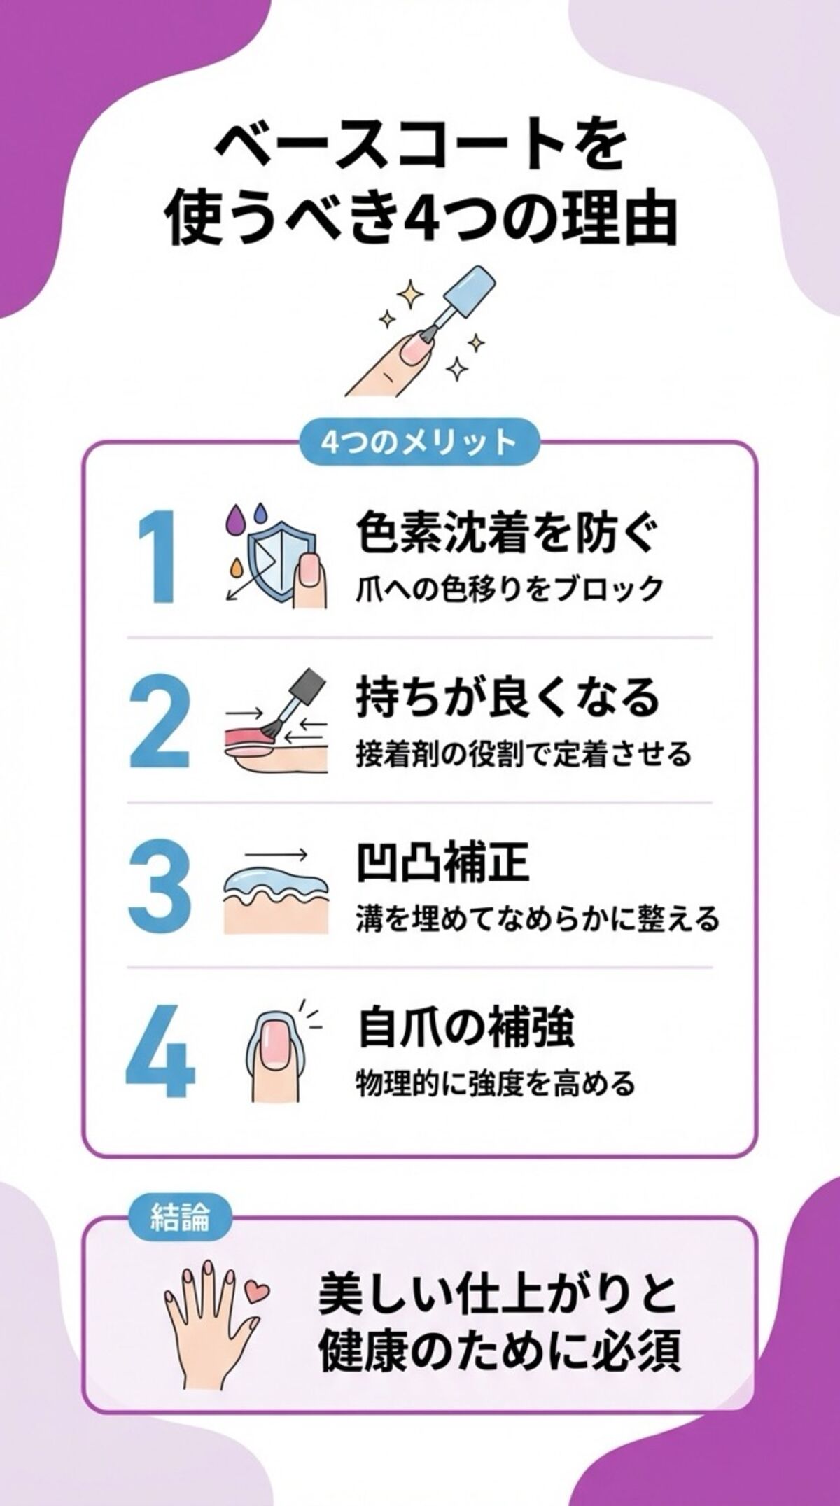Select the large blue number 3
click(160, 885)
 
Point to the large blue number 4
click(160, 1051)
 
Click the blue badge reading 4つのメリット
click(419, 442)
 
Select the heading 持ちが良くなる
click(508, 697)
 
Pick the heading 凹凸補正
click(442, 863)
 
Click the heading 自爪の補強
click(466, 1027)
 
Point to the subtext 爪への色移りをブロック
click(510, 589)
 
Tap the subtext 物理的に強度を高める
click(496, 1083)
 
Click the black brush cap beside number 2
click(309, 683)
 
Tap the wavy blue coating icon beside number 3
click(274, 884)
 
